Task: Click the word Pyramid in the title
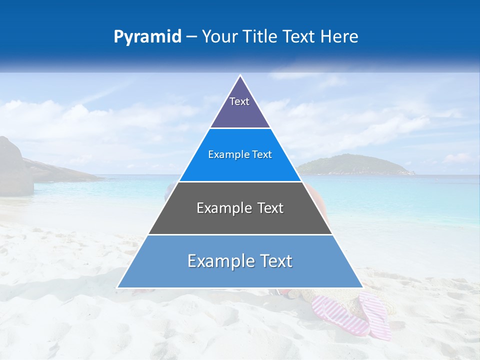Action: [147, 37]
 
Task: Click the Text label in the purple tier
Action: [239, 101]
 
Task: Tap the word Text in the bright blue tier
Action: [262, 155]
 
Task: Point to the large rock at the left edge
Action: [14, 167]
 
